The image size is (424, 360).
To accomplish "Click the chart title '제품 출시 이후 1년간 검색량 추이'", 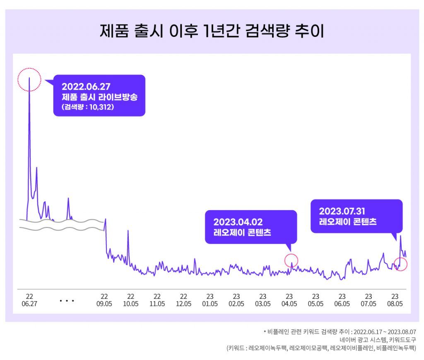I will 212,31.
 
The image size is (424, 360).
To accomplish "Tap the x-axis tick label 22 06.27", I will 29,300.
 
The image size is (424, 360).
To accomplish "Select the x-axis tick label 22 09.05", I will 104,300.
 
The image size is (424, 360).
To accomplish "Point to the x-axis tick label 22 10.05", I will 130,300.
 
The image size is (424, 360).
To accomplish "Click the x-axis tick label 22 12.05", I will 183,300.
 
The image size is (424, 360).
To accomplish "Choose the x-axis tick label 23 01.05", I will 210,300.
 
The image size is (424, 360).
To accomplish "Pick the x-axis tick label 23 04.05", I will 289,300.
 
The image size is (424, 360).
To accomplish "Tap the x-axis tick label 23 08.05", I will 395,300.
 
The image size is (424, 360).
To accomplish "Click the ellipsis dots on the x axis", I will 67,301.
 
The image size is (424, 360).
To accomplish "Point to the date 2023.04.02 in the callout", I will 238,222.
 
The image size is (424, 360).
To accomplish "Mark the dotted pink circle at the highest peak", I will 29,79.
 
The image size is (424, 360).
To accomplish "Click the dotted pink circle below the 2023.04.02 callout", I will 291,261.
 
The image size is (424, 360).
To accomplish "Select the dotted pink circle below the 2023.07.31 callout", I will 400,264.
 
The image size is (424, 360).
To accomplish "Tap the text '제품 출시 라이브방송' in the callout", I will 99,98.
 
